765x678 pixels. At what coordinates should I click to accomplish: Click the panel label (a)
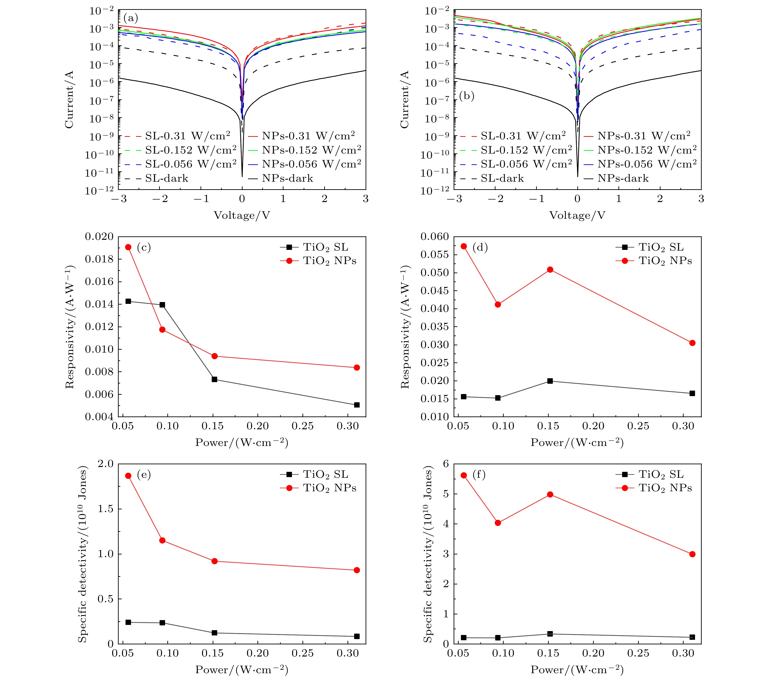click(131, 18)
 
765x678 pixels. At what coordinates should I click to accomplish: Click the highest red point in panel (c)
click(128, 247)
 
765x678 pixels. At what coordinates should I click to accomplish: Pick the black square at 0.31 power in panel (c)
click(357, 405)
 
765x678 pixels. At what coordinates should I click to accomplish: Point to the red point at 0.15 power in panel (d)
click(550, 270)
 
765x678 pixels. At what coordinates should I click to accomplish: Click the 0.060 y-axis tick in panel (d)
click(435, 237)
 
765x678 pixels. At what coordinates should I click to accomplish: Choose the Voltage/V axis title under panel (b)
click(577, 215)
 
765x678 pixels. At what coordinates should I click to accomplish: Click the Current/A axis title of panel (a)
click(69, 100)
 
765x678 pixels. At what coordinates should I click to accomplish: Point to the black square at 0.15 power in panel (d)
click(550, 381)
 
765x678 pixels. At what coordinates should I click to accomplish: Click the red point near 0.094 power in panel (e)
click(162, 540)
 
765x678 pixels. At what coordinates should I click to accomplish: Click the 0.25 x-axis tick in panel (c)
click(302, 426)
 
